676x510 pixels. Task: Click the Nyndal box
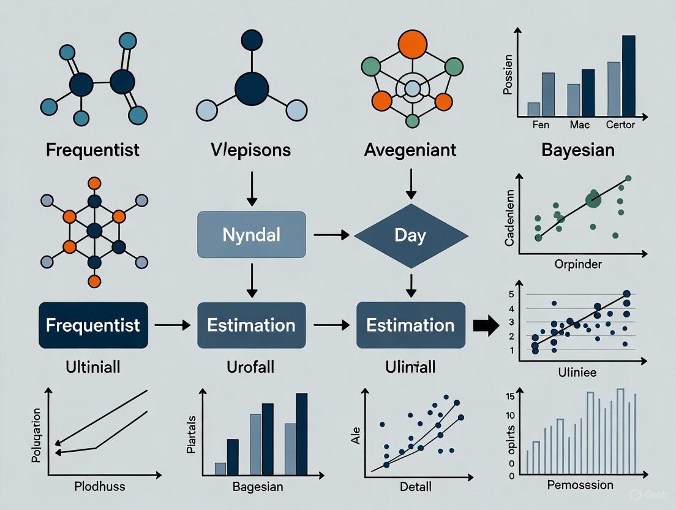pyautogui.click(x=251, y=235)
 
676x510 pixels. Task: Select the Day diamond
pyautogui.click(x=411, y=235)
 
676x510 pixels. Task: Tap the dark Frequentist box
pyautogui.click(x=92, y=325)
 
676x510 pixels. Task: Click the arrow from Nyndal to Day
pyautogui.click(x=331, y=235)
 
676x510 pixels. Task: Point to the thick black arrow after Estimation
pyautogui.click(x=486, y=325)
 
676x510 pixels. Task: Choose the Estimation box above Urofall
pyautogui.click(x=251, y=325)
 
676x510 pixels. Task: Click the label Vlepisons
pyautogui.click(x=251, y=150)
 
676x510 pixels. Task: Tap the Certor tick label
pyautogui.click(x=620, y=125)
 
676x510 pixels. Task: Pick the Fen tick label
pyautogui.click(x=541, y=125)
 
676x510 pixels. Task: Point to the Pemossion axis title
pyautogui.click(x=579, y=485)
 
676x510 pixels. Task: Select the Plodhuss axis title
pyautogui.click(x=99, y=487)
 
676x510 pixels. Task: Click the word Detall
pyautogui.click(x=415, y=487)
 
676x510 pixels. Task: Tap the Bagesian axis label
pyautogui.click(x=257, y=487)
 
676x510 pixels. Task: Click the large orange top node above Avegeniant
pyautogui.click(x=411, y=44)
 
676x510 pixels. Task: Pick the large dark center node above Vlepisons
pyautogui.click(x=251, y=88)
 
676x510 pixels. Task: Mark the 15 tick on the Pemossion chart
pyautogui.click(x=510, y=395)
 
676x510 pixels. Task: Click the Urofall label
pyautogui.click(x=251, y=367)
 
